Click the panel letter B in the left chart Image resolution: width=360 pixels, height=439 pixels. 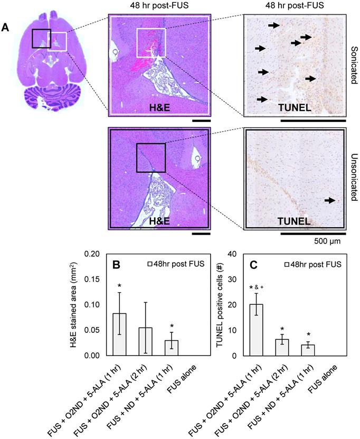tap(118, 264)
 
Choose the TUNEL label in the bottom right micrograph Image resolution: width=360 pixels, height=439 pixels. tap(295, 222)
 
